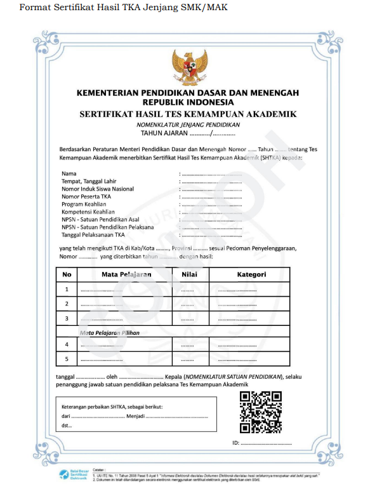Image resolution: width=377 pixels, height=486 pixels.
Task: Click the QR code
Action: (260, 412)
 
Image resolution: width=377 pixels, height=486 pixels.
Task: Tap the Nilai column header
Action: (189, 274)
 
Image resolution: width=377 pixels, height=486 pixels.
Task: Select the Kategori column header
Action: (251, 274)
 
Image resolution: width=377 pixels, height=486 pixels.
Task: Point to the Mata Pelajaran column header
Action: (126, 274)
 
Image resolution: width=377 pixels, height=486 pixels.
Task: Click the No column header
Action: (67, 274)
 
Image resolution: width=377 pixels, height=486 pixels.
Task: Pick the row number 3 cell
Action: (67, 318)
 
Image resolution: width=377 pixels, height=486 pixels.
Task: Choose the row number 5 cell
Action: (67, 360)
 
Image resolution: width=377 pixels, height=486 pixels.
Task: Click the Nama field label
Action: (69, 173)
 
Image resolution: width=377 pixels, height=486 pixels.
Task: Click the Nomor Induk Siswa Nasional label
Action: (97, 189)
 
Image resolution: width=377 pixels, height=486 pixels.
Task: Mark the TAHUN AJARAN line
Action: (188, 133)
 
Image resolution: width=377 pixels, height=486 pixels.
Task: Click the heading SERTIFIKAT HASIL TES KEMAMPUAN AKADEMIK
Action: (188, 114)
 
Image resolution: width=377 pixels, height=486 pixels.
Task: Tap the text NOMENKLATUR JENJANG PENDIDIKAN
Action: (188, 125)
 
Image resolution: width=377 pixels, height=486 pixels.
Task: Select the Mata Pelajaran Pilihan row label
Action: (109, 332)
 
